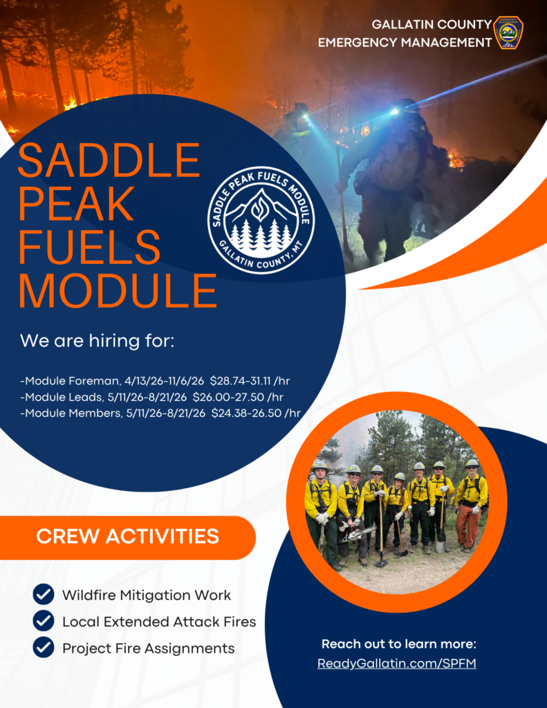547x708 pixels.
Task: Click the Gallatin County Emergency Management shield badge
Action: [x=508, y=32]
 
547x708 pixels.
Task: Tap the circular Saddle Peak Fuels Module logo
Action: [x=261, y=220]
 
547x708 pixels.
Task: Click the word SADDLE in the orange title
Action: [x=109, y=162]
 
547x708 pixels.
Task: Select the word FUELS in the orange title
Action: [x=89, y=248]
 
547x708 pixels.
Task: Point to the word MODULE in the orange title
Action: [x=118, y=290]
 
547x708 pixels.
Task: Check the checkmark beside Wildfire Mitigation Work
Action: [x=44, y=595]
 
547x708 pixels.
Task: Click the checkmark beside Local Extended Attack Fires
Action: [x=44, y=621]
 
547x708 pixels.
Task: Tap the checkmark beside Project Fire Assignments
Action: [x=44, y=648]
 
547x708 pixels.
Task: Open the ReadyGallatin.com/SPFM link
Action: [x=397, y=664]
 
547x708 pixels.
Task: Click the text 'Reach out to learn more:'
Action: [x=398, y=644]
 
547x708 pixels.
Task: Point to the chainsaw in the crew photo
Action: [x=358, y=532]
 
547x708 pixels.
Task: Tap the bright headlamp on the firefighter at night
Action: [x=394, y=111]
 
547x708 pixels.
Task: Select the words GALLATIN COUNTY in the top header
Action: [x=432, y=24]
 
